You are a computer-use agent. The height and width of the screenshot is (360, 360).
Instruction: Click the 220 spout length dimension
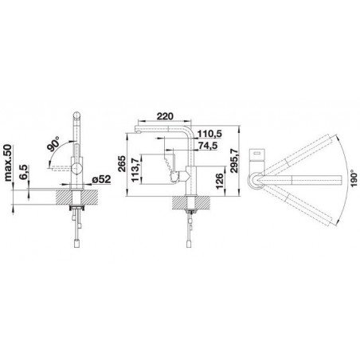(x=165, y=116)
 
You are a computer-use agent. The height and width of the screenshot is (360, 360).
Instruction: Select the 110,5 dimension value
(x=210, y=134)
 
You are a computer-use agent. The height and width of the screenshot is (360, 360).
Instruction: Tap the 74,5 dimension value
(x=209, y=146)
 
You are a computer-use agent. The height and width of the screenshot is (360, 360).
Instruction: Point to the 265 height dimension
(x=122, y=164)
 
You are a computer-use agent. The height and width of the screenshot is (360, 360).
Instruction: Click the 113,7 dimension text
(x=135, y=170)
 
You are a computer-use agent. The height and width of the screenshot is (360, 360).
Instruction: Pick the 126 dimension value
(x=219, y=182)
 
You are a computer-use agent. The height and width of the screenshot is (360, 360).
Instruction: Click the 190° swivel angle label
(x=354, y=178)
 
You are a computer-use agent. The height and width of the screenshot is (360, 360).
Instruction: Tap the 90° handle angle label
(x=53, y=143)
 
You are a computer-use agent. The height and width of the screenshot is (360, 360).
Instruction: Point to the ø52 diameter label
(x=101, y=179)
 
